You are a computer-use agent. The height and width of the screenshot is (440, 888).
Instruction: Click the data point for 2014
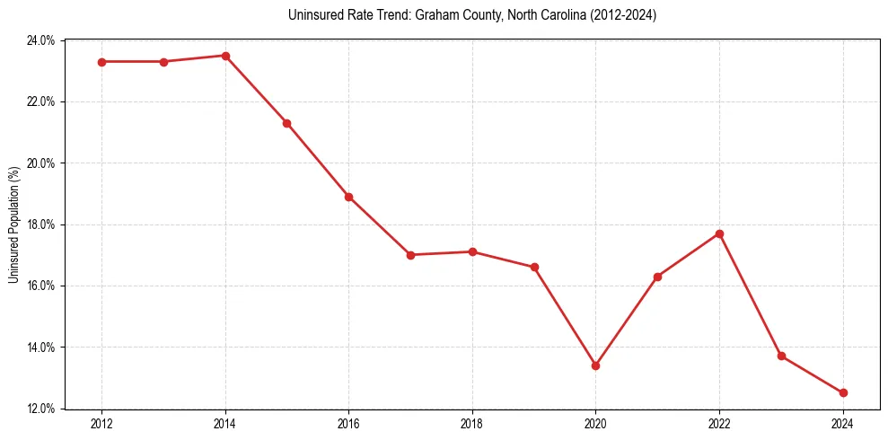tap(225, 56)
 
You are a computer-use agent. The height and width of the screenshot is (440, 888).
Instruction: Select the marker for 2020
tap(595, 365)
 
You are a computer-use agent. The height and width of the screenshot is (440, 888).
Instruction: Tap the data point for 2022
tap(719, 233)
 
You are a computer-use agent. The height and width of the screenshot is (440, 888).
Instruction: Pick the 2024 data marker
tap(843, 392)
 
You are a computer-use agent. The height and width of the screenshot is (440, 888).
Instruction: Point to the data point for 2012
tap(101, 62)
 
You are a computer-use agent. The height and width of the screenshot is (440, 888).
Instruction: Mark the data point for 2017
tap(410, 255)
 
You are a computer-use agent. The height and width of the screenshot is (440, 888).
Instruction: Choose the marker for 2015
tap(286, 123)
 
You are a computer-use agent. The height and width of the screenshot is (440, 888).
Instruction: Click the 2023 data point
tap(781, 356)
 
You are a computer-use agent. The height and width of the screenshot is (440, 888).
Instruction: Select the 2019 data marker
tap(534, 267)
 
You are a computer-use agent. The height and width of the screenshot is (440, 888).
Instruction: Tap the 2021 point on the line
tap(657, 277)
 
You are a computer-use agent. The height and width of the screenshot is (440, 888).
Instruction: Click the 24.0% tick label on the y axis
tap(42, 40)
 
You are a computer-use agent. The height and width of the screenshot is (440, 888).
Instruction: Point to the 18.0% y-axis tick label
tap(42, 224)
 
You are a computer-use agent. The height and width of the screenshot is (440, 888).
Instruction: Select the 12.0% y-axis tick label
tap(42, 409)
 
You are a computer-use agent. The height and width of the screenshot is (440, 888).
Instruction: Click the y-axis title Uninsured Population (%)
tap(13, 224)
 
